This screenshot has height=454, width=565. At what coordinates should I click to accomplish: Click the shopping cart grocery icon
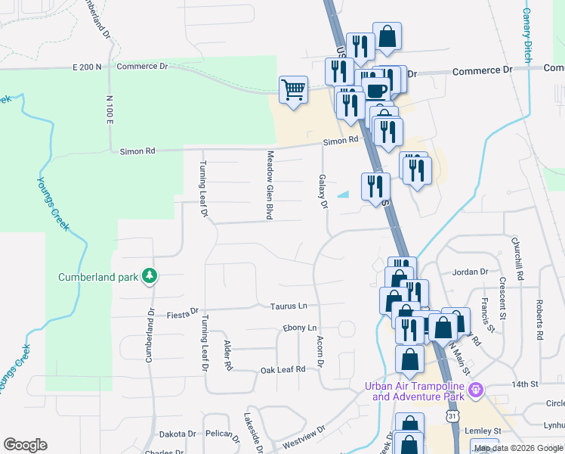[293, 90]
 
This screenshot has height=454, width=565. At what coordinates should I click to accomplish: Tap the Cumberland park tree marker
[150, 276]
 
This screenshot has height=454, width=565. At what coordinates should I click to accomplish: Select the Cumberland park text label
[98, 277]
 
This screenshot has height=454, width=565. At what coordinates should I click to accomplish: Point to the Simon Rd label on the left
[137, 151]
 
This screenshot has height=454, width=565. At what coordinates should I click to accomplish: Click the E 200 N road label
[87, 67]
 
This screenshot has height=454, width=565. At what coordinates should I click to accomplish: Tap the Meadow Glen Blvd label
[268, 185]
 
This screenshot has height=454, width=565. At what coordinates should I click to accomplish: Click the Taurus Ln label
[289, 306]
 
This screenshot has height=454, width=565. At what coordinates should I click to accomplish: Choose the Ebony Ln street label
[300, 328]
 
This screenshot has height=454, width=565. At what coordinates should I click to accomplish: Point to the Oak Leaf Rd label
[282, 369]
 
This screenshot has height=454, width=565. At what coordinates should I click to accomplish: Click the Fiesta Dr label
[183, 311]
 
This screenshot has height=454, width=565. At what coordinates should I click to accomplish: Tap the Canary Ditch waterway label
[526, 35]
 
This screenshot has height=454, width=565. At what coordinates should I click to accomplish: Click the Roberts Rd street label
[539, 319]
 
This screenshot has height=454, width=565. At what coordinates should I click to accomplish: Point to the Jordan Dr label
[470, 271]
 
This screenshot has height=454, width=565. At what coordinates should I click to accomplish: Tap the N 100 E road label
[110, 110]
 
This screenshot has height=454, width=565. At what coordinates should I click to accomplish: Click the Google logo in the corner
[25, 445]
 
